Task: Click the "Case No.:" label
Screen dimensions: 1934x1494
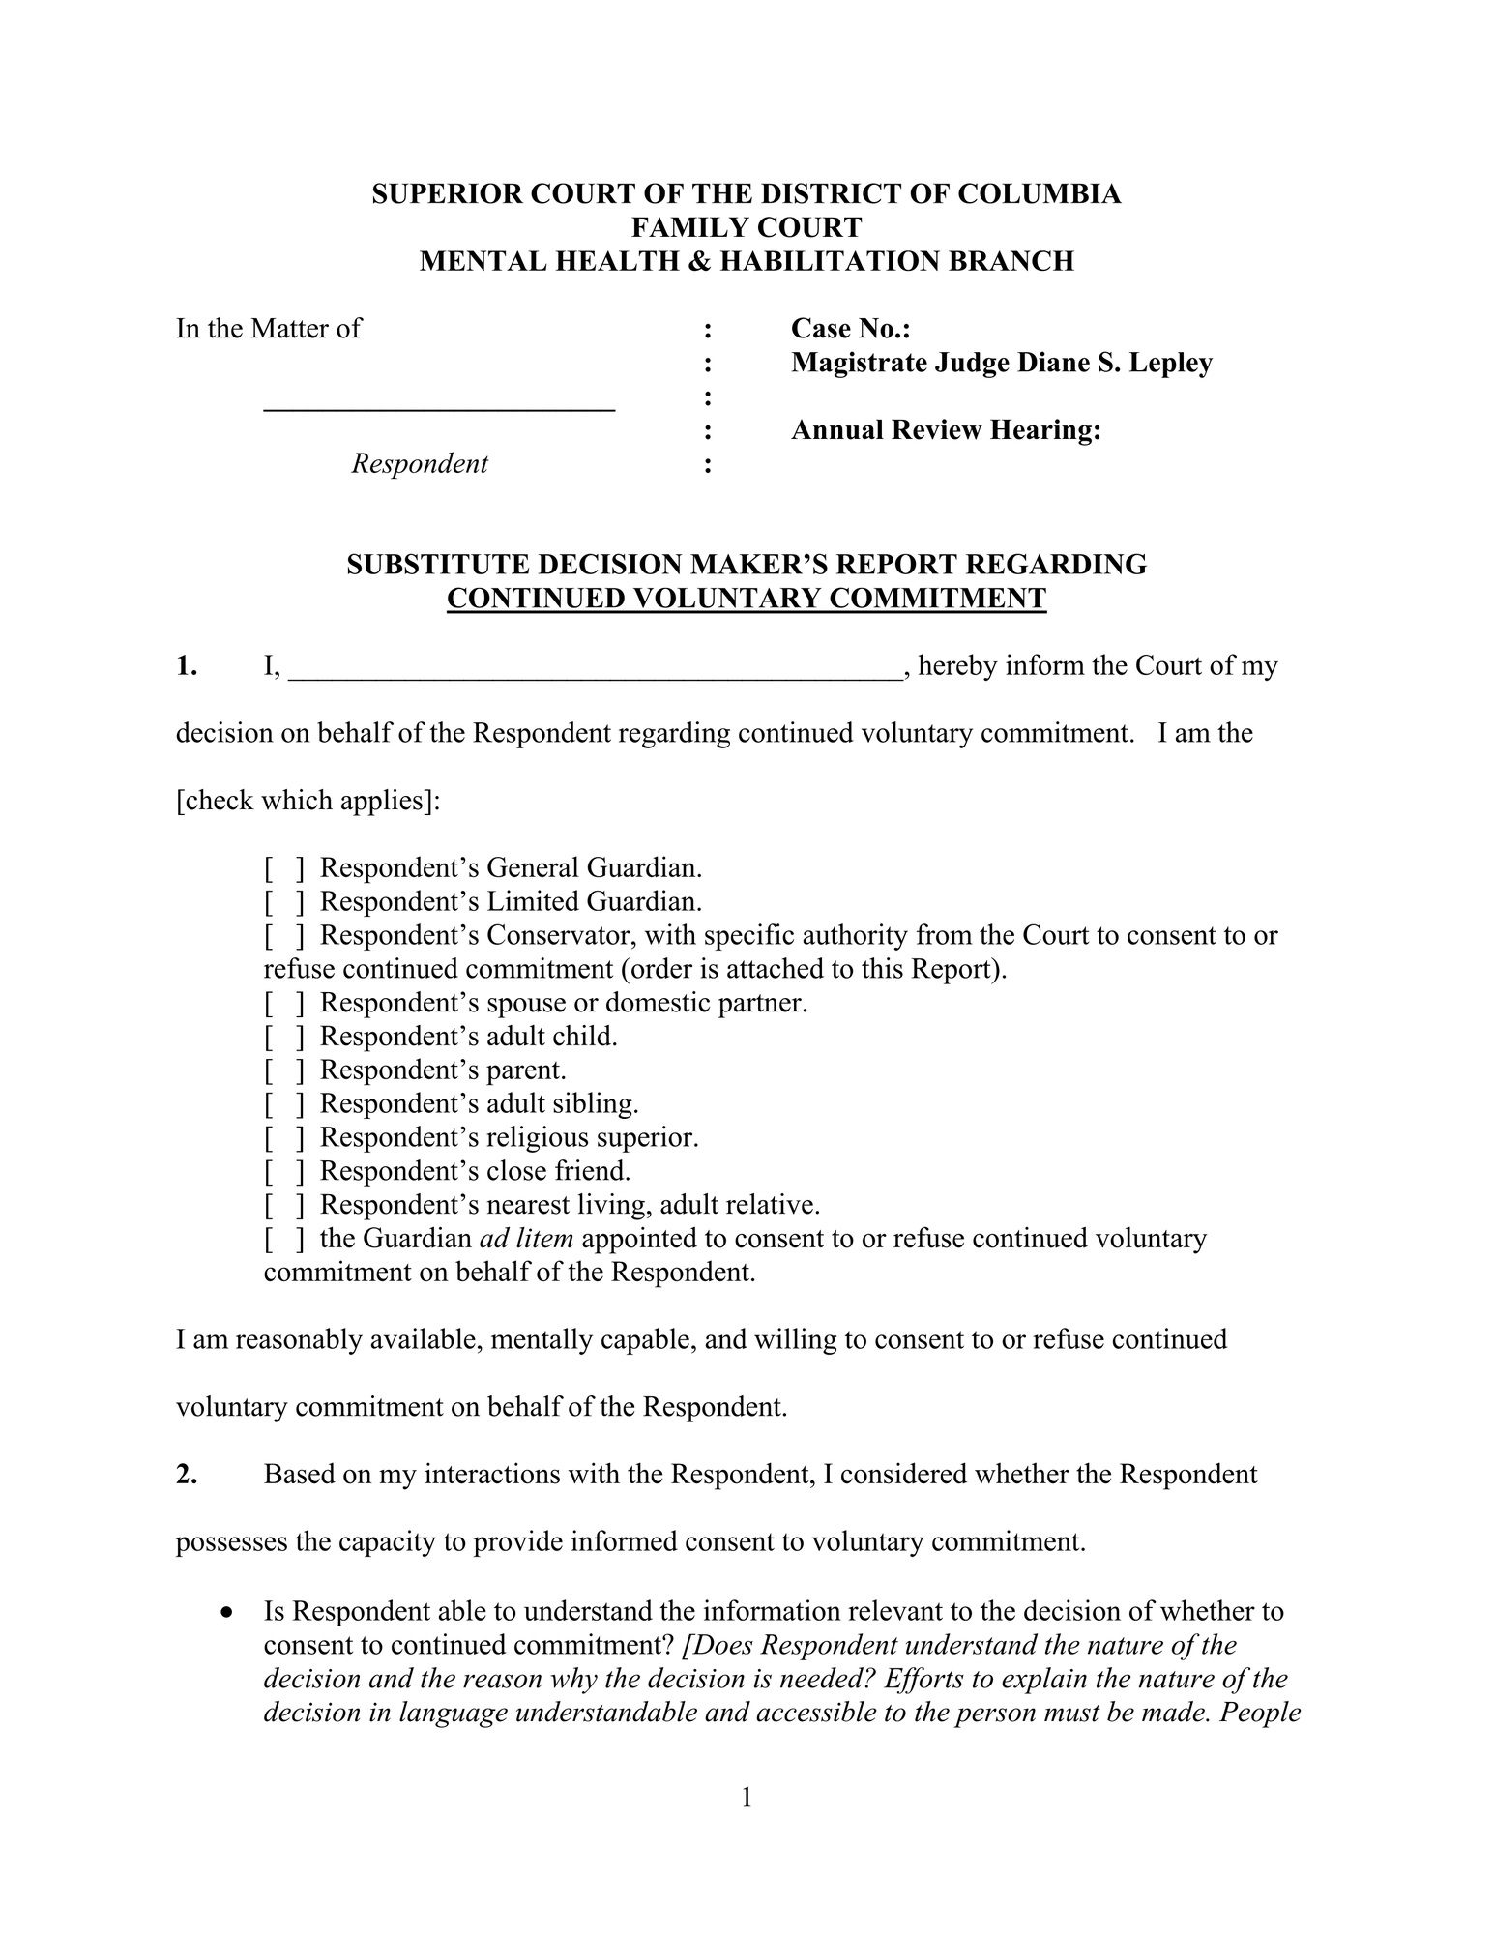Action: [851, 329]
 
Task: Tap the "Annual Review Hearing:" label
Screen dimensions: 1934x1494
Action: [946, 430]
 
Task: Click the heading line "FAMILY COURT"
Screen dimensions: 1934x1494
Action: [746, 227]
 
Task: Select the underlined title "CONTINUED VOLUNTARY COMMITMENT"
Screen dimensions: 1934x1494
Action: [746, 599]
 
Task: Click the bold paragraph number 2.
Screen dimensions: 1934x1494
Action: [187, 1475]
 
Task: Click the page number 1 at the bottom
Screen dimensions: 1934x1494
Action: [746, 1797]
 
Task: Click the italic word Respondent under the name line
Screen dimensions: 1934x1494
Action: [420, 464]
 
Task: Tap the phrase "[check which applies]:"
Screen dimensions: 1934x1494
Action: [308, 801]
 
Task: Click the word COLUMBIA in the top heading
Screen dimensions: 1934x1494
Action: [1039, 193]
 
